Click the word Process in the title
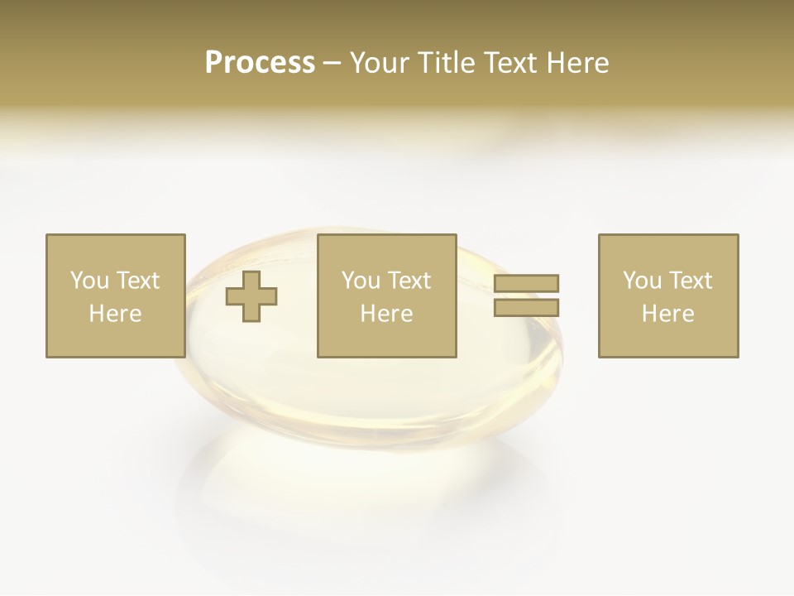(x=260, y=63)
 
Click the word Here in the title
(x=580, y=63)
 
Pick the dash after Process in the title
(x=332, y=64)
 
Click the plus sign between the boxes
(x=251, y=296)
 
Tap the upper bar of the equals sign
(x=526, y=283)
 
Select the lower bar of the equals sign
(x=526, y=307)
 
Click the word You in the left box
(x=88, y=281)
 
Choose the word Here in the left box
(x=115, y=314)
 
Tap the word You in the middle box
(x=360, y=281)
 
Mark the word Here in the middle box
(x=386, y=314)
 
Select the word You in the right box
(x=641, y=281)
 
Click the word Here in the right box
(x=667, y=314)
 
